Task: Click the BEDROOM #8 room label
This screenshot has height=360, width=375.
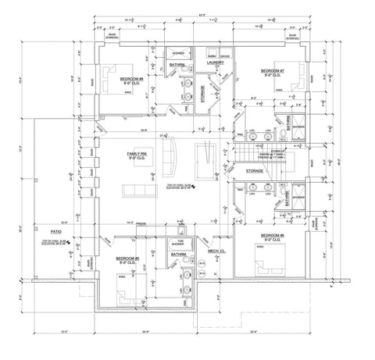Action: tap(130, 79)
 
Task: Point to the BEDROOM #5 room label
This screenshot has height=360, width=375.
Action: tap(127, 258)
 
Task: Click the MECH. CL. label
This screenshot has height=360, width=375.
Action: tap(216, 251)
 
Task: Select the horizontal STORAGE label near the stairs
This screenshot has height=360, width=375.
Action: tap(254, 169)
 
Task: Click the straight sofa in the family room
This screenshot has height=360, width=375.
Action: tap(142, 191)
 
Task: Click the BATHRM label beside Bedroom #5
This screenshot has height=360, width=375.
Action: tap(178, 255)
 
